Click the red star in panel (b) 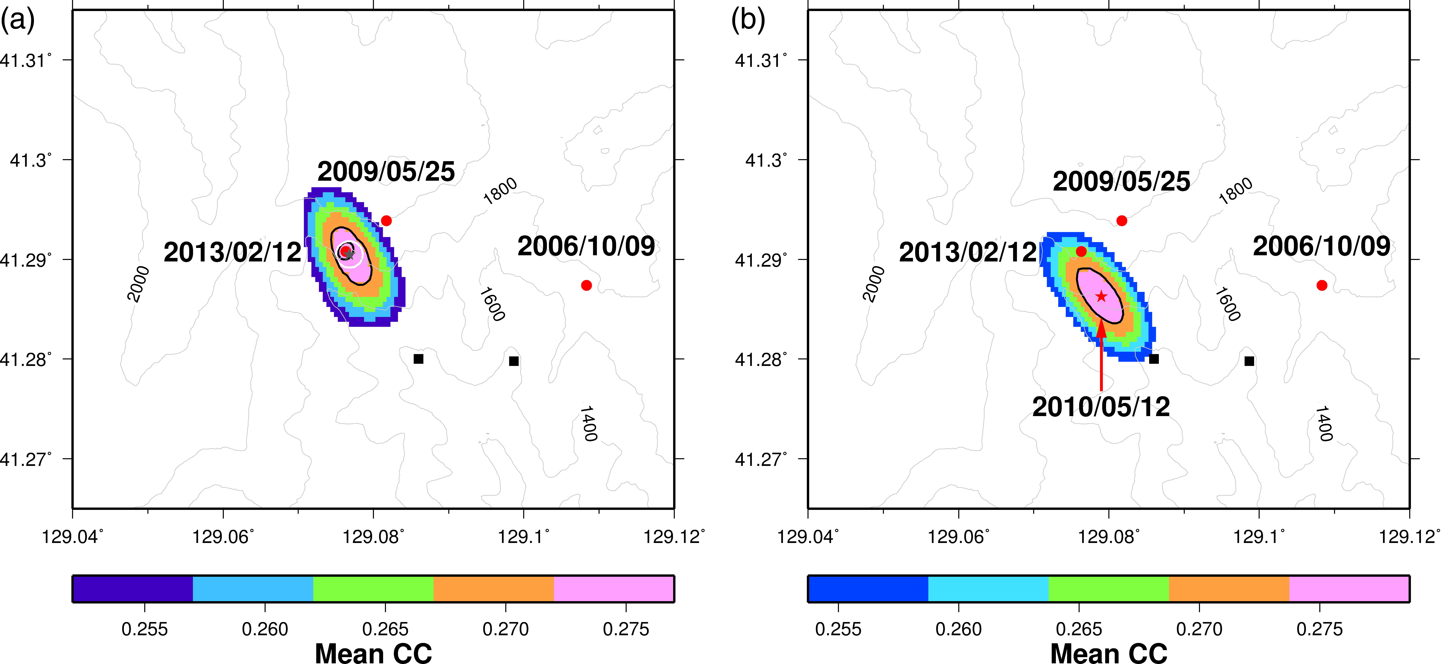pyautogui.click(x=1101, y=296)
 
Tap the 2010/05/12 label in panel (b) pyautogui.click(x=1101, y=407)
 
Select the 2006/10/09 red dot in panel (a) pyautogui.click(x=586, y=286)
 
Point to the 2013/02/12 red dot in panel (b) pyautogui.click(x=1081, y=251)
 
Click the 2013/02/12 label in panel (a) pyautogui.click(x=233, y=252)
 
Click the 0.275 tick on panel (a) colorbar pyautogui.click(x=626, y=629)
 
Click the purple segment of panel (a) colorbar pyautogui.click(x=133, y=588)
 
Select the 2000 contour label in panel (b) pyautogui.click(x=874, y=284)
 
